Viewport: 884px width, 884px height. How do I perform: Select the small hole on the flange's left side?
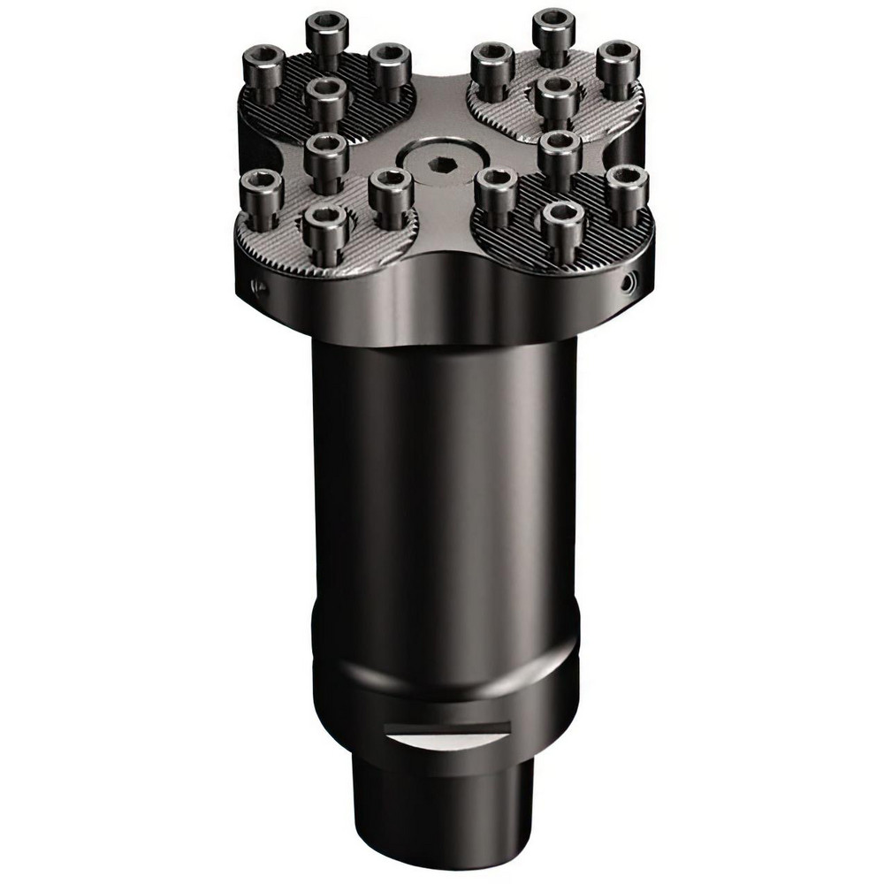[255, 285]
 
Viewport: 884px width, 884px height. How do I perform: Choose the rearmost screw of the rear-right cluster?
[555, 28]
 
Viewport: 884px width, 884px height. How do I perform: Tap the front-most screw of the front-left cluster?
[324, 221]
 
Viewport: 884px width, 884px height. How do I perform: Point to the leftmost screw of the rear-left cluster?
[263, 65]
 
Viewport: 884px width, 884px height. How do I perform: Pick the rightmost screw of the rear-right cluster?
[618, 62]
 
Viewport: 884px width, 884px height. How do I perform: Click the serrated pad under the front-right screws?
[592, 239]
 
